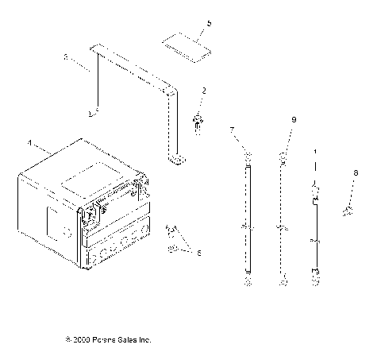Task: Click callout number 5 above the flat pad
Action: click(209, 25)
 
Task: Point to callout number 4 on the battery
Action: click(31, 144)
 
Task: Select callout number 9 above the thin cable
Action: click(293, 119)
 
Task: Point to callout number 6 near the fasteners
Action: click(199, 253)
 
